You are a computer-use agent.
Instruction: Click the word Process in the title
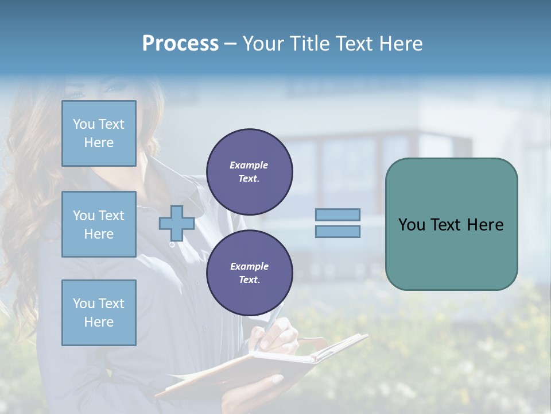tap(180, 44)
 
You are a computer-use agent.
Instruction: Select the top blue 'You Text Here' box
tap(99, 133)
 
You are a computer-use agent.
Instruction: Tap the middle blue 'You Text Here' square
tap(99, 224)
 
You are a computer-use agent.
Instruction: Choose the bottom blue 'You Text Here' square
tap(99, 313)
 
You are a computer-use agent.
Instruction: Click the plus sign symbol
tap(176, 223)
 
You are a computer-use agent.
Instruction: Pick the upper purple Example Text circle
tap(249, 172)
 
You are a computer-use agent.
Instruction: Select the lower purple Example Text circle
tap(249, 273)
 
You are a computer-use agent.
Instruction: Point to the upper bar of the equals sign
tap(337, 214)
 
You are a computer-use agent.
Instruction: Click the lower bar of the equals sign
tap(337, 231)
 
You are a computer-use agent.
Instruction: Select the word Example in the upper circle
tap(249, 165)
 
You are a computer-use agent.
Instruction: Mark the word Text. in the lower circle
tap(249, 280)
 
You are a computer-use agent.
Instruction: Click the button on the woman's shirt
tap(172, 245)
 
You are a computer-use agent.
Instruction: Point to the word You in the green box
tap(411, 225)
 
